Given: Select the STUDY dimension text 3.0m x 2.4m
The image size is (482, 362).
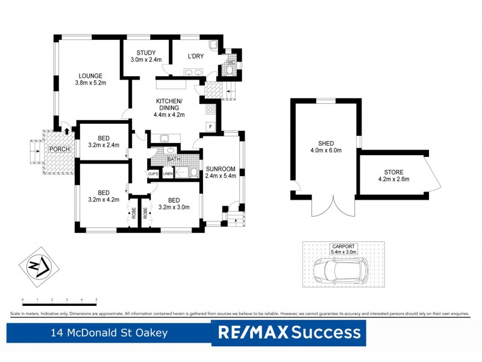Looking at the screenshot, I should click(145, 60).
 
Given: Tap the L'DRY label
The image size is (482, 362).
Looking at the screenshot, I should click(196, 56).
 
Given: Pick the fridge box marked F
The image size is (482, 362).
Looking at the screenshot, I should click(211, 126).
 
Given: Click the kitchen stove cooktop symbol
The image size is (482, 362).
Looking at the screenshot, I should click(211, 110).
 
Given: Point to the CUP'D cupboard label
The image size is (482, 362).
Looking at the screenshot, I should click(153, 174).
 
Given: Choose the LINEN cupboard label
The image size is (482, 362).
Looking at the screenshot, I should click(167, 174).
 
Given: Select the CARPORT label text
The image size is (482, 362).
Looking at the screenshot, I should click(343, 247).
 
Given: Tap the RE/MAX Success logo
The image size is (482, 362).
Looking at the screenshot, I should click(289, 332).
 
